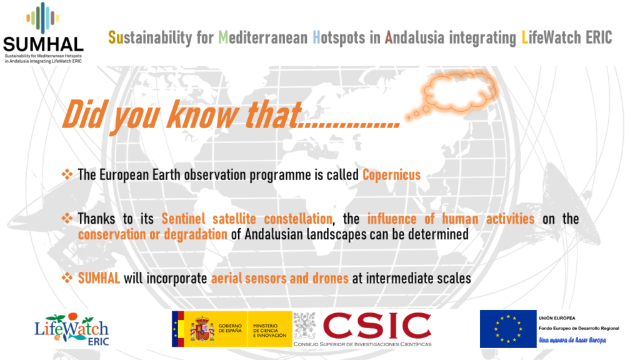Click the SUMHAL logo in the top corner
pos(43,32)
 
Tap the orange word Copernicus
pos(391,175)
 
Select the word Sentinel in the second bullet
pos(183,219)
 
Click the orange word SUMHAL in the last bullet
pos(99,278)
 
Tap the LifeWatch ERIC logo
pos(72,329)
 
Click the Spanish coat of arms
pos(202,329)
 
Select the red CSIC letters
pos(377,326)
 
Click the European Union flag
pos(508,329)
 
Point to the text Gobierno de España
pos(230,328)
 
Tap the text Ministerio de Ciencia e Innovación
pos(270,331)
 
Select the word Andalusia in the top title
pos(414,37)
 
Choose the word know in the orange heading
pos(202,115)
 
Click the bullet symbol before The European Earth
pos(67,174)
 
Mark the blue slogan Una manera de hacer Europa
pos(572,340)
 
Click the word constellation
pos(298,219)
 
